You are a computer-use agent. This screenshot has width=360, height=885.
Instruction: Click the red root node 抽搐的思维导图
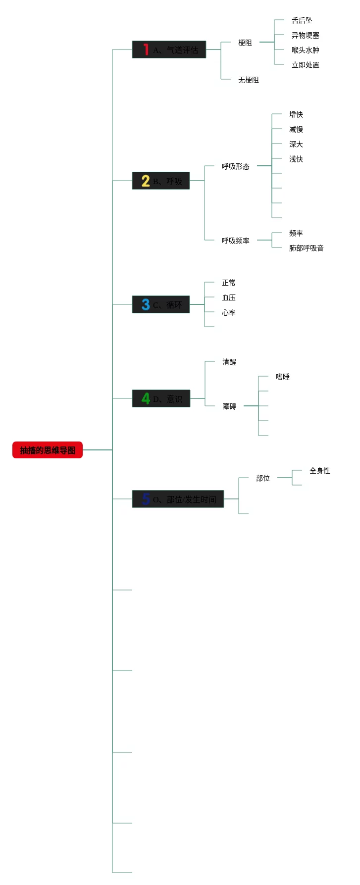48,450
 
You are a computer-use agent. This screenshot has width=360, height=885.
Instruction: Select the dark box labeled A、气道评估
169,49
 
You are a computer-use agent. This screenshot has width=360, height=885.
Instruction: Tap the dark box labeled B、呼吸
161,181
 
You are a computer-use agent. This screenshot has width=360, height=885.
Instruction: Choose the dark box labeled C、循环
161,304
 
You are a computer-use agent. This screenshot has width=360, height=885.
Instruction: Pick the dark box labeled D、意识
161,398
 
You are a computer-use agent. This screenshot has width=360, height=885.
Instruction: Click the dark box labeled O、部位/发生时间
178,499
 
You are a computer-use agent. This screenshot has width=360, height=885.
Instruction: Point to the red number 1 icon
146,49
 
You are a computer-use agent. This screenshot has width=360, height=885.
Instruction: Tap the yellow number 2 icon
146,181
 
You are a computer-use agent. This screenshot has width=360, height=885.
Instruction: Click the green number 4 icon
146,398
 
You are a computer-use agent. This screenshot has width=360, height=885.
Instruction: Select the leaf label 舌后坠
302,20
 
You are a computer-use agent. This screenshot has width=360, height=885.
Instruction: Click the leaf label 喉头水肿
306,50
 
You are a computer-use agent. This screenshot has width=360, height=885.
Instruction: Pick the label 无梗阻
249,80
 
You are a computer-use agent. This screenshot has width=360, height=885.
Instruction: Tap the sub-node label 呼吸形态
236,166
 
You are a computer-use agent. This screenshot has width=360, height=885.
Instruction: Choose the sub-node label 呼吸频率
236,241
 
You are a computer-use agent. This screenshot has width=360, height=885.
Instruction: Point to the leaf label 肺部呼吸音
307,248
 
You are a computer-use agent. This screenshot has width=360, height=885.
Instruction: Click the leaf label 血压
229,297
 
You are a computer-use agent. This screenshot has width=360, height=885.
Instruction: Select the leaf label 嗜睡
283,377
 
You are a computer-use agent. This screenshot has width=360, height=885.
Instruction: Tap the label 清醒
229,362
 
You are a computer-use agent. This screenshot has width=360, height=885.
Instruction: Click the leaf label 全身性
320,471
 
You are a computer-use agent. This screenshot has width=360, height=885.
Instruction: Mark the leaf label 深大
296,144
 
